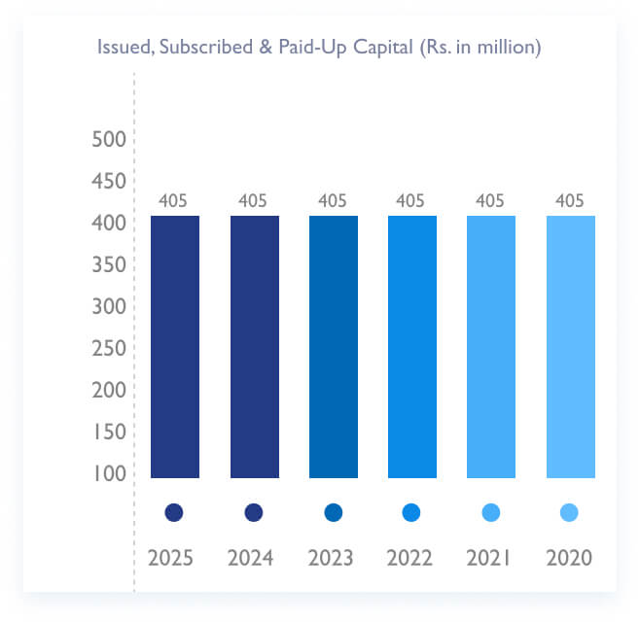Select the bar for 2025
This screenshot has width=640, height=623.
(x=175, y=346)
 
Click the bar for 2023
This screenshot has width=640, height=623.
(x=333, y=346)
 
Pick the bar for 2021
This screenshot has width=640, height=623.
(x=491, y=346)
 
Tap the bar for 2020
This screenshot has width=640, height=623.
(x=570, y=346)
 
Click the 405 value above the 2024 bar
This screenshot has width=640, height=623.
(x=254, y=201)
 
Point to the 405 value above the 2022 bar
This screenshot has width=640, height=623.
(x=411, y=201)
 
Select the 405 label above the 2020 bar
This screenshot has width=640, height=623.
(x=570, y=201)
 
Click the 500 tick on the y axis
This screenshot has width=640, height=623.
(x=109, y=140)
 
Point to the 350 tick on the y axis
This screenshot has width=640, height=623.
(x=109, y=265)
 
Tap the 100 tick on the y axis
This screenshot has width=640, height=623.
(x=109, y=474)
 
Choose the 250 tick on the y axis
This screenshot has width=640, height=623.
(x=109, y=349)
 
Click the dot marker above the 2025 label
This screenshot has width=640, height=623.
(x=175, y=512)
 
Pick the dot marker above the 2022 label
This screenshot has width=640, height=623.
(x=411, y=512)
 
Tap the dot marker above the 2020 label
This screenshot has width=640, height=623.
(x=570, y=512)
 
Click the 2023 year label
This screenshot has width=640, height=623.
(x=333, y=559)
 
